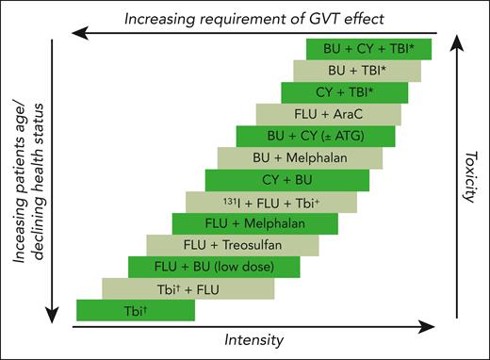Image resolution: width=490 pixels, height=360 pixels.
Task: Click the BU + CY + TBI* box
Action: pyautogui.click(x=368, y=49)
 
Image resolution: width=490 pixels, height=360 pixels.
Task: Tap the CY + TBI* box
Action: pyautogui.click(x=344, y=92)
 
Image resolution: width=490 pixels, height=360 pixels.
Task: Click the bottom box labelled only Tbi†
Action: pyautogui.click(x=135, y=309)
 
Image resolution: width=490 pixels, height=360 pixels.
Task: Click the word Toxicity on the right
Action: pyautogui.click(x=475, y=175)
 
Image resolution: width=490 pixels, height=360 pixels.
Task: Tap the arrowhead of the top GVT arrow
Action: pyautogui.click(x=79, y=33)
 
